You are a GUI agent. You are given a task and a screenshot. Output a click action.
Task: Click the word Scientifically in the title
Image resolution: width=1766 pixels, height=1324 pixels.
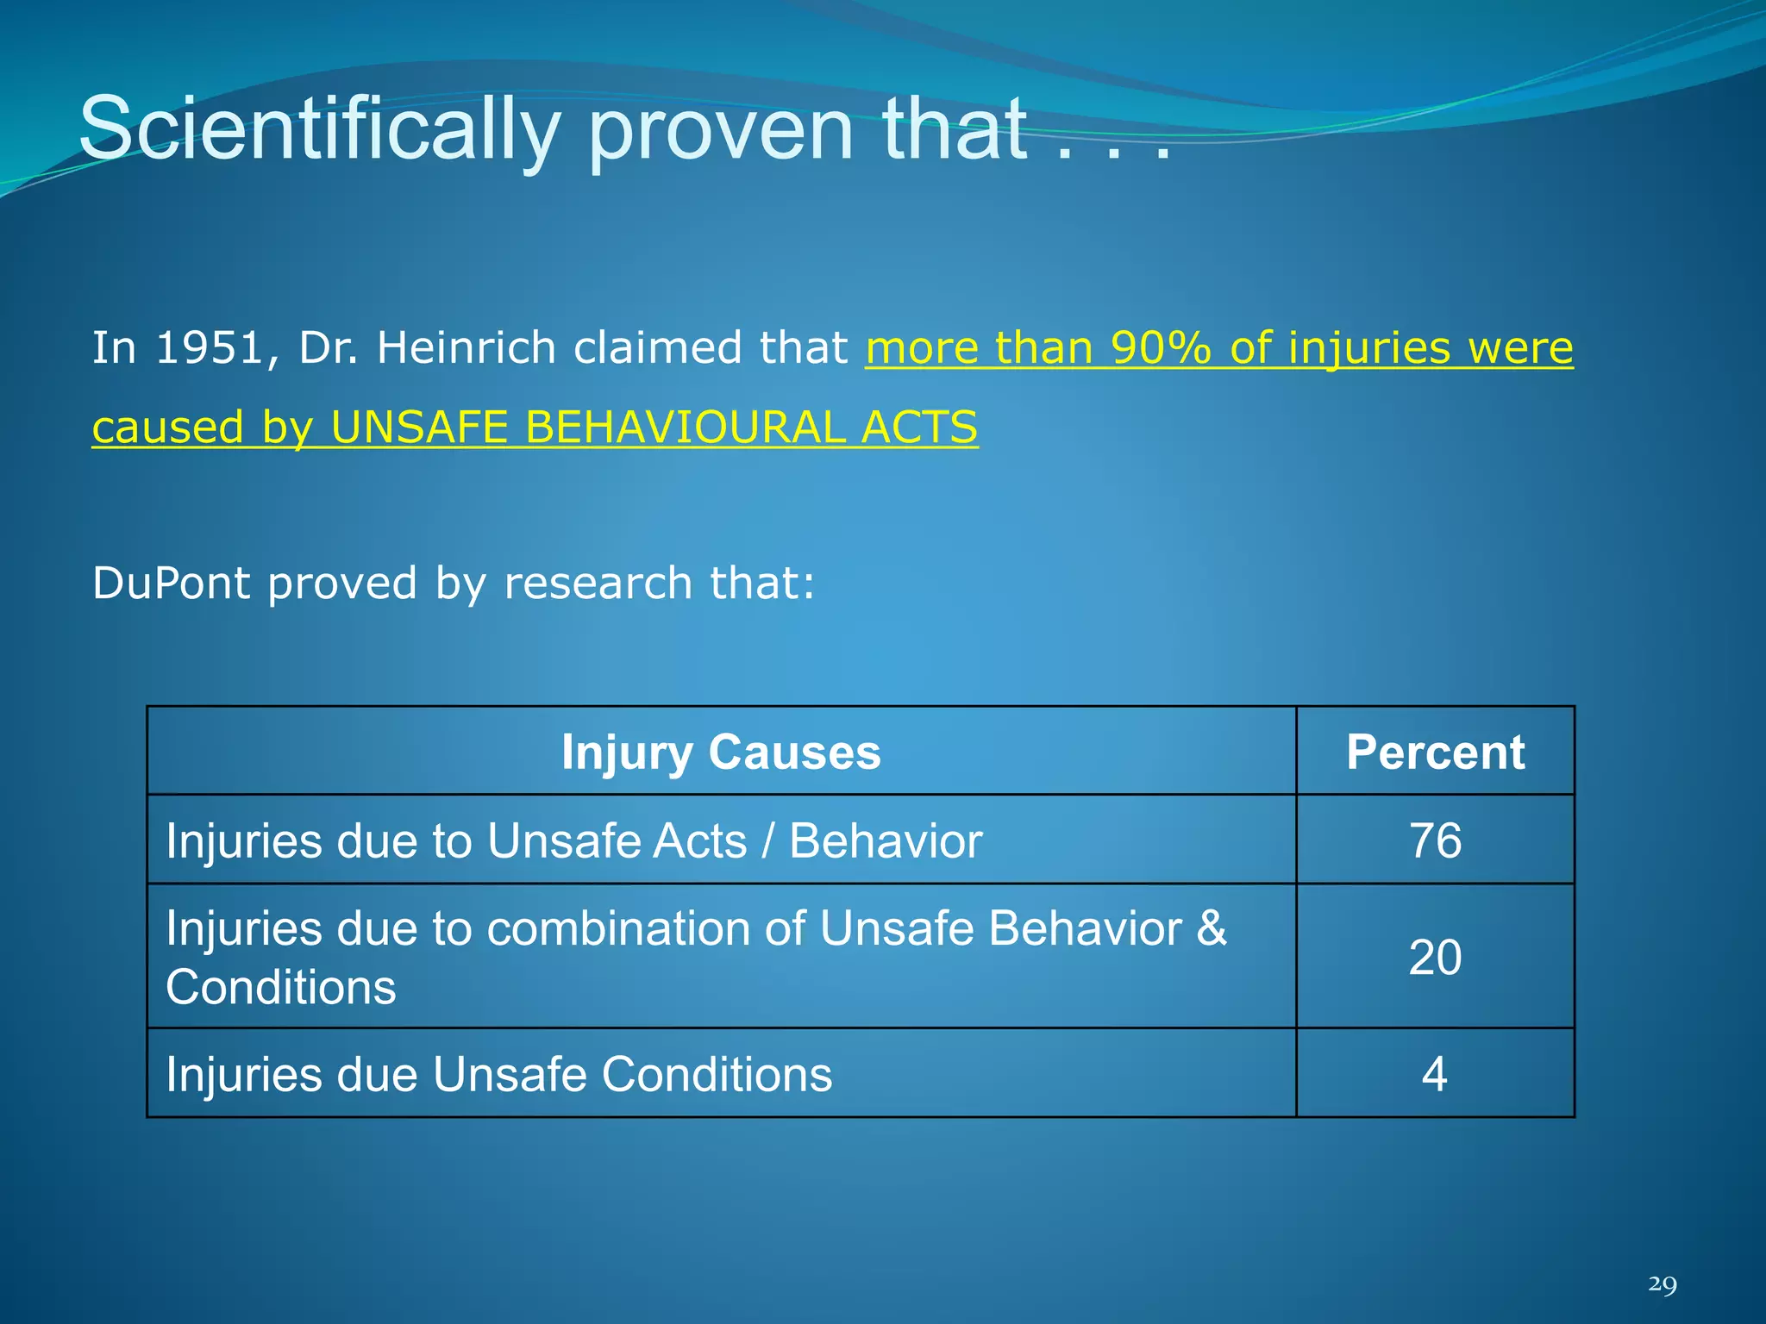(319, 129)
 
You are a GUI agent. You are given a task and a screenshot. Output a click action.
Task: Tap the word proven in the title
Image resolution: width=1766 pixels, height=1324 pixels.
(721, 129)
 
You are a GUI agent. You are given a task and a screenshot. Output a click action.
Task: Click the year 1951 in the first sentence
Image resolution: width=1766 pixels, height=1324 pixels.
(209, 348)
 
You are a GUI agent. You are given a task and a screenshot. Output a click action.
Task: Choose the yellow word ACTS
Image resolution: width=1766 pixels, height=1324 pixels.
(919, 428)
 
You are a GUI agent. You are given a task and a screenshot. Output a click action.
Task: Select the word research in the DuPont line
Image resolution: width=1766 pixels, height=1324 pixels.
(598, 584)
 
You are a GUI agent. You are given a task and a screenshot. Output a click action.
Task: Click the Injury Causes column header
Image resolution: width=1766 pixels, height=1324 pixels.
(721, 752)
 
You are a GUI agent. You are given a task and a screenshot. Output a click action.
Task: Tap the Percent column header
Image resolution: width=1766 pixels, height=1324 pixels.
(1435, 752)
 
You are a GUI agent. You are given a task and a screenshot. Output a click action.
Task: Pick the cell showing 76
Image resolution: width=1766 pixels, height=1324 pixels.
(1435, 840)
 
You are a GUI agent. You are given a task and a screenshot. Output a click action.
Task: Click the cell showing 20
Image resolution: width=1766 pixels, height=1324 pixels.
(1435, 957)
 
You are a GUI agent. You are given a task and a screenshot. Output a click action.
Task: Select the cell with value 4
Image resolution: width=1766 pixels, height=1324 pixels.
(1434, 1074)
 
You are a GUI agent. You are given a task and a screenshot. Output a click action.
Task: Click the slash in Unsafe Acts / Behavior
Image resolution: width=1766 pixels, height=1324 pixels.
(767, 841)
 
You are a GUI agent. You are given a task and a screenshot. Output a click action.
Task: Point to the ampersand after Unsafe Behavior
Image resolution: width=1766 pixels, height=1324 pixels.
(1211, 929)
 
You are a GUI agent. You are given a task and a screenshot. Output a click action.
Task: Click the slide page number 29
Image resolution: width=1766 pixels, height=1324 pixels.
(1662, 1284)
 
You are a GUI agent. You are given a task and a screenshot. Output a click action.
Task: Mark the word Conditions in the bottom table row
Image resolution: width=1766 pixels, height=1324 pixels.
(717, 1074)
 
